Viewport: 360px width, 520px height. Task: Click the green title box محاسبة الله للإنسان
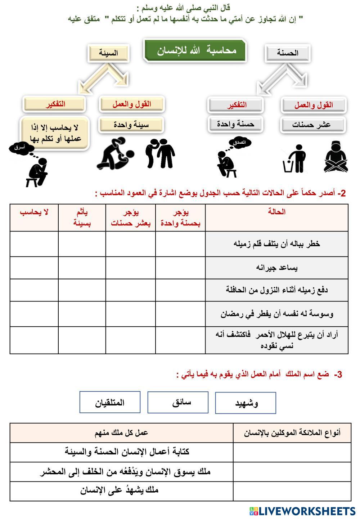click(195, 50)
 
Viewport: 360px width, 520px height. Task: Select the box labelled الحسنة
click(287, 53)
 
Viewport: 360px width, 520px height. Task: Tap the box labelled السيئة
click(108, 53)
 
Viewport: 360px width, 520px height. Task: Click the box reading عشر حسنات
click(312, 125)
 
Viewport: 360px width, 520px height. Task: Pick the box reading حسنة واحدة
click(235, 124)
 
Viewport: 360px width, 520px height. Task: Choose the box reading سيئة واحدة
click(131, 125)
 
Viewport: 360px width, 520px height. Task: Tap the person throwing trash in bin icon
click(295, 159)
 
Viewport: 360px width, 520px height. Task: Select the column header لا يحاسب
click(34, 212)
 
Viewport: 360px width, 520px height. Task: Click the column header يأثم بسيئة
click(82, 218)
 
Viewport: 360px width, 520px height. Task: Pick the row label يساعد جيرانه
click(276, 268)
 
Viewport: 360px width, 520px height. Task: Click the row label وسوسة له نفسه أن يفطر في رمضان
click(276, 314)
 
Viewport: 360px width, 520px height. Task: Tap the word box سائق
click(178, 402)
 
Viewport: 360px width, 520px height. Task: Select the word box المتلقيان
click(110, 402)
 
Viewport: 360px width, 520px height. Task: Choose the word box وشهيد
click(246, 403)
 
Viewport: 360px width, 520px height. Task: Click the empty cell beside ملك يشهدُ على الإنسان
click(292, 491)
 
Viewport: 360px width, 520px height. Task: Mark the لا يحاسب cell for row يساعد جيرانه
click(34, 268)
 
